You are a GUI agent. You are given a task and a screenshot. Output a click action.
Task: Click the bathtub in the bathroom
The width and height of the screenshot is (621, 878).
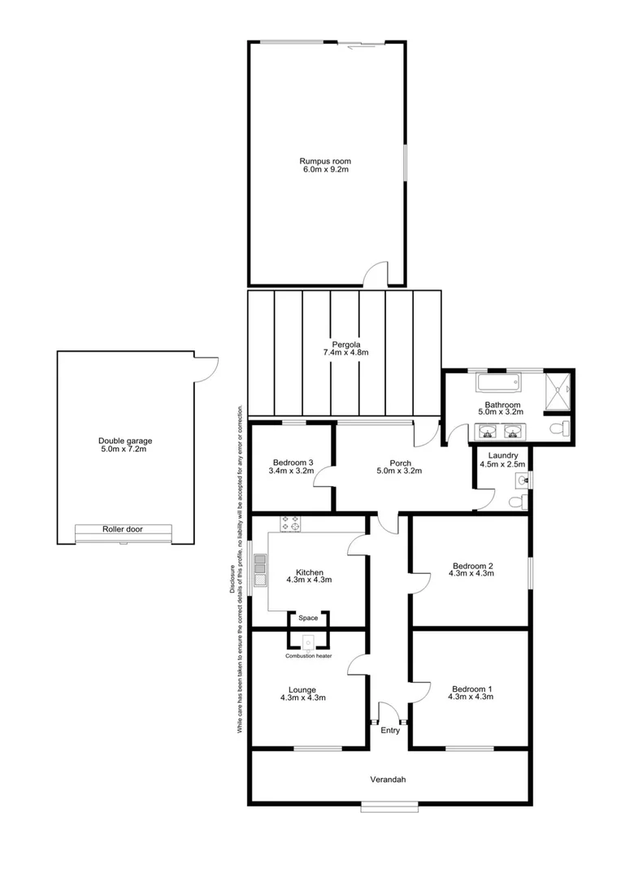tap(497, 382)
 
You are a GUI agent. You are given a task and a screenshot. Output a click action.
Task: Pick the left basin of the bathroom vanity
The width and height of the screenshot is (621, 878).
tap(489, 432)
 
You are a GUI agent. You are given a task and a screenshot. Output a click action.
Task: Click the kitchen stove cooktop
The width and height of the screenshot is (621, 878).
tap(291, 524)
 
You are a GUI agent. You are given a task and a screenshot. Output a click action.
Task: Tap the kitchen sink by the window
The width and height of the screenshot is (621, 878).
tap(259, 570)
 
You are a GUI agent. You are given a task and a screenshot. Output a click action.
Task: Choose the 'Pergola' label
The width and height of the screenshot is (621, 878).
tap(345, 343)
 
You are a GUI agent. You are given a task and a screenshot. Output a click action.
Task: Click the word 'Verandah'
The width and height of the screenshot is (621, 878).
tap(388, 780)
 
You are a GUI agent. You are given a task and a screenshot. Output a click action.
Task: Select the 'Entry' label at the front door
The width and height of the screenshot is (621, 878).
tap(390, 730)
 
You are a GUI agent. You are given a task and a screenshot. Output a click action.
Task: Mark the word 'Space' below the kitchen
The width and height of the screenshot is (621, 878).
tap(308, 618)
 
